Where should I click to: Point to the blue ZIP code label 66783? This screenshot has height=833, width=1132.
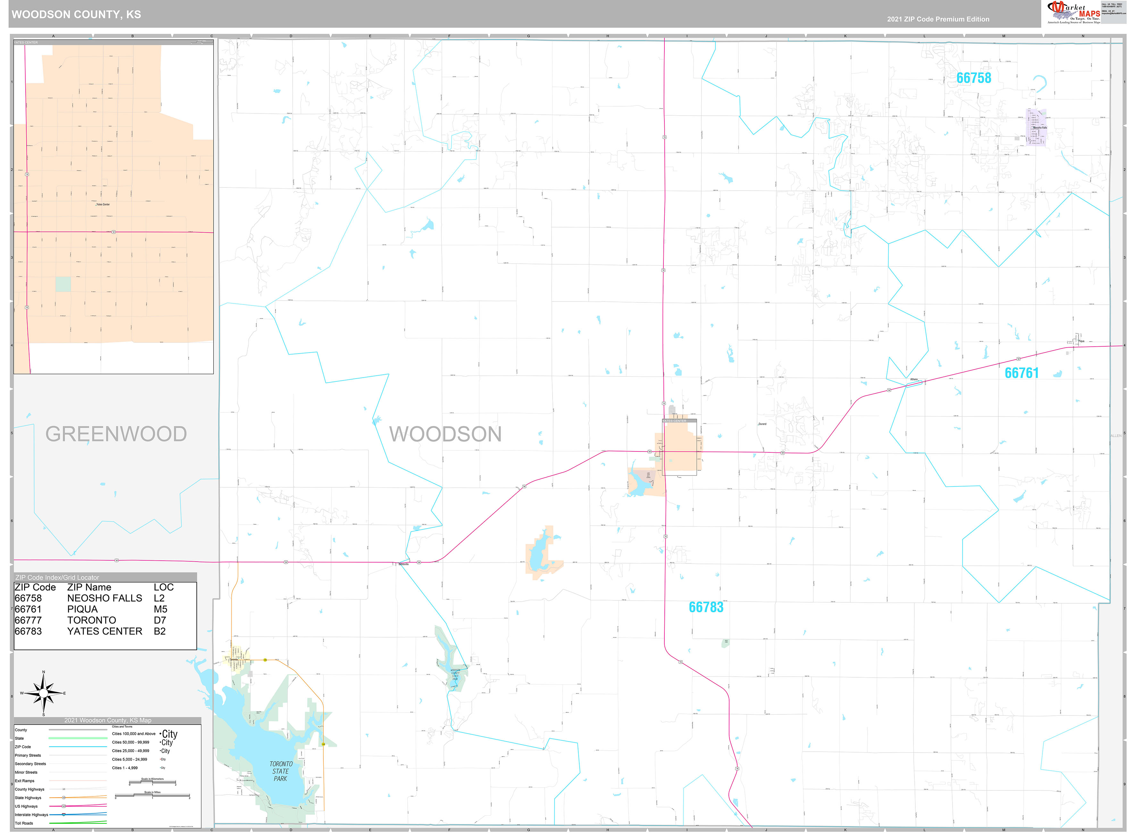click(x=706, y=607)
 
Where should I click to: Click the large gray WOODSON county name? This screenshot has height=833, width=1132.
click(x=445, y=434)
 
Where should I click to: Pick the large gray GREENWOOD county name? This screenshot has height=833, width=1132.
click(x=116, y=434)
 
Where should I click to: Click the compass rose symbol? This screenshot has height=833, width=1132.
click(x=43, y=694)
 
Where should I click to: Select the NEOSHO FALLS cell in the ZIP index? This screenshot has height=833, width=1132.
click(x=104, y=598)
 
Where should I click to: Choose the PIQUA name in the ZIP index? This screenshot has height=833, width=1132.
click(x=82, y=609)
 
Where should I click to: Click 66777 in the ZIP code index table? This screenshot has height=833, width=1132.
click(x=28, y=620)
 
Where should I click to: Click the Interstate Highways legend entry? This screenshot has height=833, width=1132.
click(x=31, y=815)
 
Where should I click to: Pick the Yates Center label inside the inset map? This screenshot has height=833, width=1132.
click(x=103, y=204)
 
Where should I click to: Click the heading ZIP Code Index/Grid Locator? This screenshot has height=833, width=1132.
click(x=57, y=577)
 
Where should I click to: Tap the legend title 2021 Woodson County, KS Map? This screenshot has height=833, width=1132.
click(x=107, y=720)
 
